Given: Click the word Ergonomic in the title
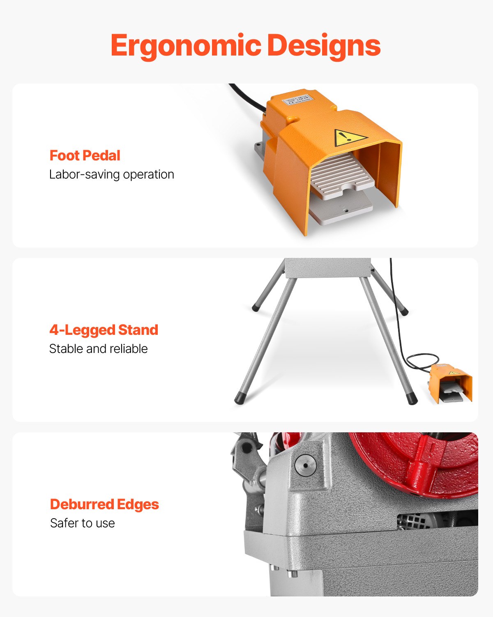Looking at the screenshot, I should coord(186,46).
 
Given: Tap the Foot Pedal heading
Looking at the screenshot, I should coord(85,155).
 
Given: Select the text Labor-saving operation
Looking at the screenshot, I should coord(111,174).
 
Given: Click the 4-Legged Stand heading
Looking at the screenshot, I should coord(104,330).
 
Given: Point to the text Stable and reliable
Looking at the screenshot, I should coord(98,349).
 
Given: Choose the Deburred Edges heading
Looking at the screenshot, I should coord(104,504).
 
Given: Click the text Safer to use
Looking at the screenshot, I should coord(82,523).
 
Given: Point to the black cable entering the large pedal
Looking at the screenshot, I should coord(246,96).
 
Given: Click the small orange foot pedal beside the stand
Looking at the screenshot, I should coord(451,383).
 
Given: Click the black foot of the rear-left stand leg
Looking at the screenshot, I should coord(256,306).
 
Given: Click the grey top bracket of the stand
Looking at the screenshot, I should coord(327,268).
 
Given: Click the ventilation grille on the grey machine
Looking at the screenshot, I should coord(412,522).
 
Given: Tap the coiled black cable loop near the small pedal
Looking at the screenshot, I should coord(421,361).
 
